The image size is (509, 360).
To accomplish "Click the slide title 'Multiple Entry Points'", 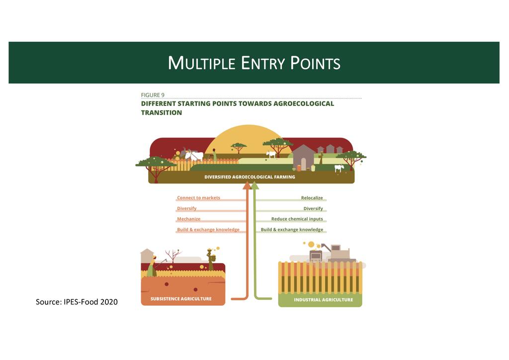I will (254, 63).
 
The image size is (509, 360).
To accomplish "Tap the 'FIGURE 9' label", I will (153, 95).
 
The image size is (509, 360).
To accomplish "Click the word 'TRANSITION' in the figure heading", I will (162, 113).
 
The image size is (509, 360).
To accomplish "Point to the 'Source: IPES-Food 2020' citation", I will (77, 301).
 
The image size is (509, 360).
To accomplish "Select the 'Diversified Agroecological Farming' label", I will (250, 177).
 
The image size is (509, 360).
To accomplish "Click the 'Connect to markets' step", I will (198, 198).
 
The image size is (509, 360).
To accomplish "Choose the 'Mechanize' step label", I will (189, 219).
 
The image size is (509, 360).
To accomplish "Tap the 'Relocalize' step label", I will (312, 198).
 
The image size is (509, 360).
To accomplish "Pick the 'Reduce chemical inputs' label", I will (297, 219).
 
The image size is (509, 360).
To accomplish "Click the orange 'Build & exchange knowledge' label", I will (208, 230).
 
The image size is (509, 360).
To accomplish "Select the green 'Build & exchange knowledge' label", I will (292, 230).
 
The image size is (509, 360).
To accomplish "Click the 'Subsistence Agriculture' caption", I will (181, 299).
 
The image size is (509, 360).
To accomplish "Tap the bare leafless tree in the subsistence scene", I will (172, 257).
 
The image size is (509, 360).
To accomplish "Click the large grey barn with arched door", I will (303, 157).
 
